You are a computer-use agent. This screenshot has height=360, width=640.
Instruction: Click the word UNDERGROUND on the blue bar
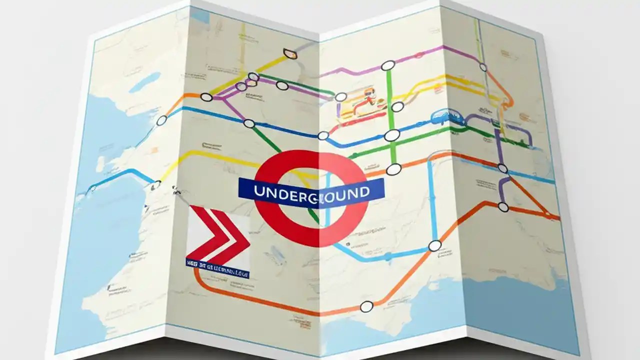tap(311, 191)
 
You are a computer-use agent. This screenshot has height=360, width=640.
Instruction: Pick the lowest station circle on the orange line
tap(366, 306)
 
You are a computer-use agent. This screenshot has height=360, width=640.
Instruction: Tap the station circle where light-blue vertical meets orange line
tap(435, 245)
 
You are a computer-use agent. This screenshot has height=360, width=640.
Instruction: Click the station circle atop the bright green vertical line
tap(387, 65)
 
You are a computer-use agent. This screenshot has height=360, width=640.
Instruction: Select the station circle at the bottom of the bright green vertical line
tap(393, 169)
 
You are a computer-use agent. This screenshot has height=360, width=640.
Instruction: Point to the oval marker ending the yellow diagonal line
tap(289, 53)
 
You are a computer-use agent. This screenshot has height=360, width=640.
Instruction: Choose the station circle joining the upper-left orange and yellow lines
tap(206, 97)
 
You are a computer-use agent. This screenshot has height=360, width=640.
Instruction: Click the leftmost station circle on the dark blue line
tap(161, 120)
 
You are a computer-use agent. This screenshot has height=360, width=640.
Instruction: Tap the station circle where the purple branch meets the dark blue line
tap(248, 123)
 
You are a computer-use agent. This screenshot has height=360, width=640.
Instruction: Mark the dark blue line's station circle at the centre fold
tap(323, 135)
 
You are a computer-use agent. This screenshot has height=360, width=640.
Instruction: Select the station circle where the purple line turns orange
tap(483, 67)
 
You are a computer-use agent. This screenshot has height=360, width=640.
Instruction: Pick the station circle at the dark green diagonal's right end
tap(340, 96)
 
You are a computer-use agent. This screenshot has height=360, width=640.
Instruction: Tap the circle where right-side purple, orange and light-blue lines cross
tap(502, 168)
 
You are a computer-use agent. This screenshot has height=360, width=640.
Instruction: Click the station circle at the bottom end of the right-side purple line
tap(503, 206)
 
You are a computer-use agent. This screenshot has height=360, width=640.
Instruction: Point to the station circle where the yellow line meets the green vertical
tap(397, 107)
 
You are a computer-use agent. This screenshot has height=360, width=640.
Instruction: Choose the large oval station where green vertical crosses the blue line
tap(392, 135)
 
